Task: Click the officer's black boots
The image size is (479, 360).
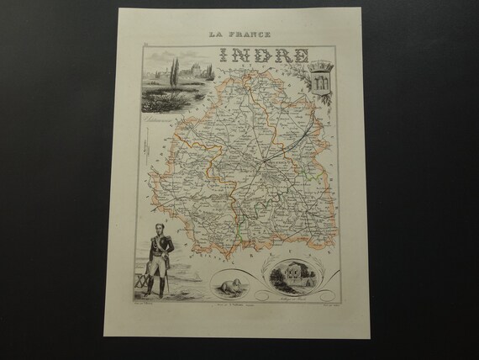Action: click(155, 286)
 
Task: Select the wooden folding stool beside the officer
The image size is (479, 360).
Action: click(139, 281)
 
